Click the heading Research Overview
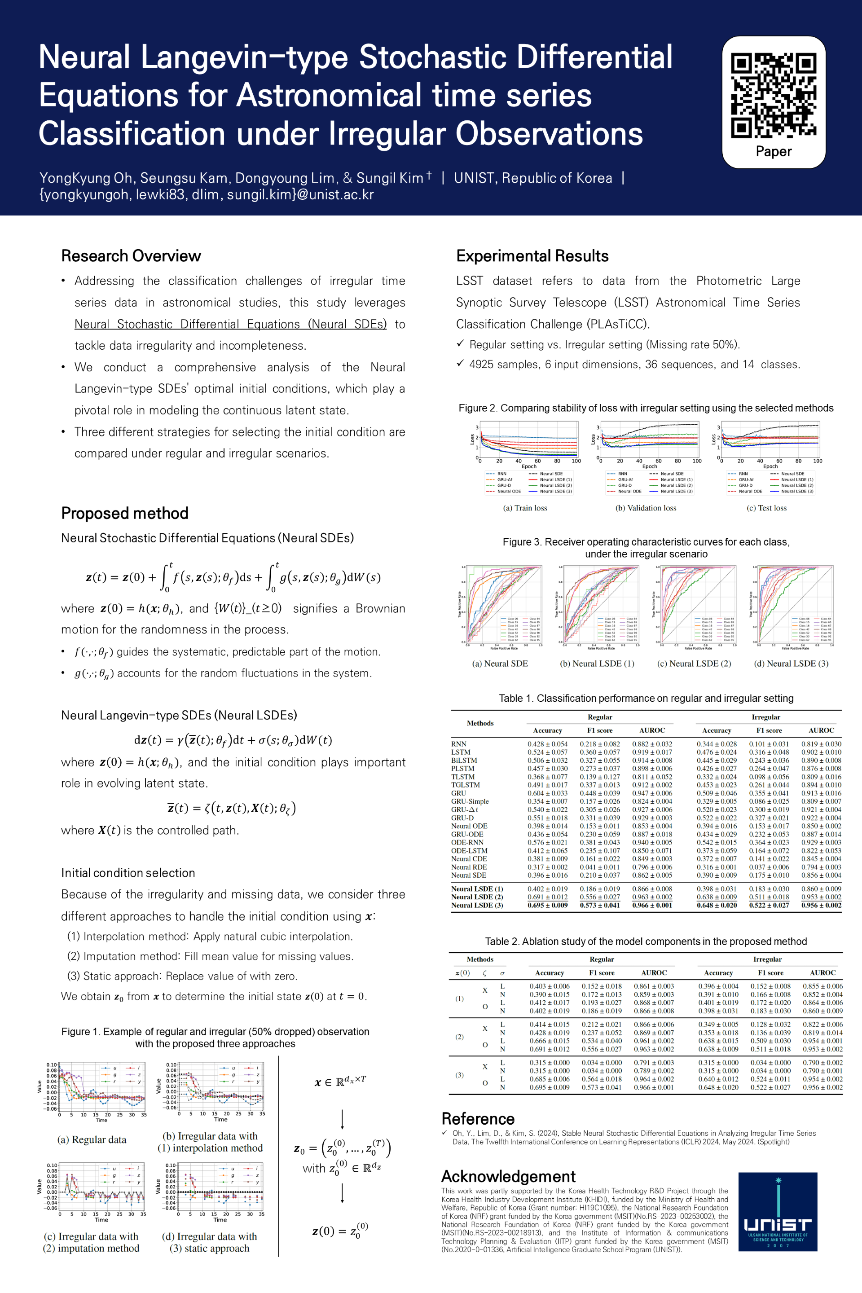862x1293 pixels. click(x=131, y=256)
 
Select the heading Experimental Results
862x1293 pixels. click(x=532, y=256)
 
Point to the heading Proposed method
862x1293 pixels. click(x=125, y=514)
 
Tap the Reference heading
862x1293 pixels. click(x=478, y=1119)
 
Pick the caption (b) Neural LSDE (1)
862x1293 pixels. click(x=597, y=664)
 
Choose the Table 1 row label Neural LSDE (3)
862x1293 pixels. click(x=477, y=905)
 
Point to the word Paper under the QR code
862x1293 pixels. click(x=774, y=151)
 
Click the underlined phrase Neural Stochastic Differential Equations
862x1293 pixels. click(x=230, y=324)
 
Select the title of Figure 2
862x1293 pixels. click(x=646, y=408)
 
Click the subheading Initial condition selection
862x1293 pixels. click(x=128, y=873)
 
